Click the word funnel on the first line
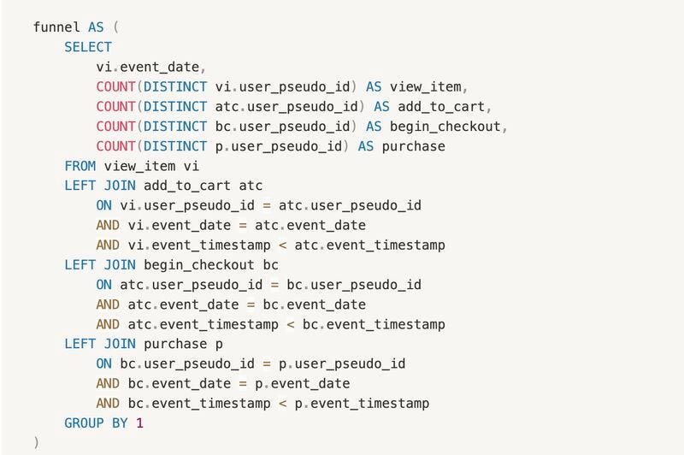click(x=57, y=27)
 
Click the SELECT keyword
click(x=88, y=47)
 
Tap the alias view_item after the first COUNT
click(x=429, y=86)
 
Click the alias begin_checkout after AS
click(x=445, y=127)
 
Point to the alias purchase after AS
click(x=413, y=146)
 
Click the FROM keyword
click(x=80, y=166)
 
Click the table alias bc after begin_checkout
click(x=270, y=264)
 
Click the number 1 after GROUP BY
click(x=140, y=422)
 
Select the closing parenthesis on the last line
click(x=36, y=442)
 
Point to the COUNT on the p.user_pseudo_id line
click(x=115, y=146)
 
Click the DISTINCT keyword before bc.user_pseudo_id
click(x=175, y=127)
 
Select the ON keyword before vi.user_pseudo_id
click(x=103, y=205)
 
